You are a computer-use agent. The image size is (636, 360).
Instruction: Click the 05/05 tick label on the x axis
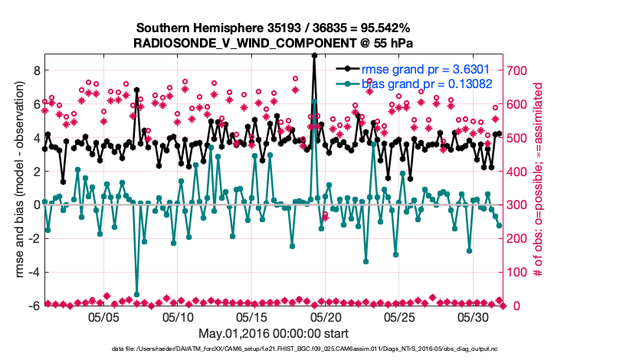click(103, 316)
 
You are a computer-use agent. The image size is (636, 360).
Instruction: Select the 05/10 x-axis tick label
click(178, 316)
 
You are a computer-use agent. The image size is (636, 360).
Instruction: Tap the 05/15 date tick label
click(252, 316)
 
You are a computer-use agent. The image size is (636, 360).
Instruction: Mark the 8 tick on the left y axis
click(35, 70)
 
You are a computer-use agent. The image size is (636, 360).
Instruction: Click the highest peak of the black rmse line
click(314, 55)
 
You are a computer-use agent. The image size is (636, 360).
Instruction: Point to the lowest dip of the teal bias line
click(136, 294)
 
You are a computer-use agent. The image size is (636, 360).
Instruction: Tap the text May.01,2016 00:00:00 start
click(274, 333)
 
